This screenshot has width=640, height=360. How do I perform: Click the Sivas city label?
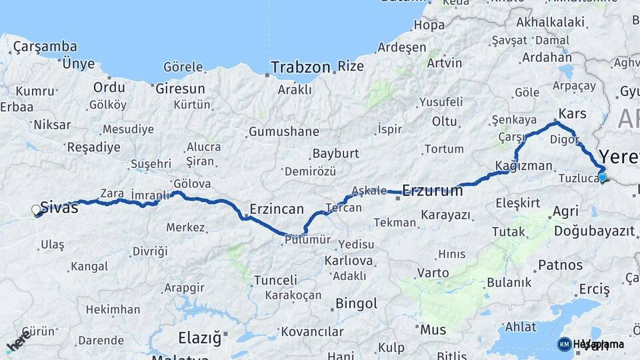(x=59, y=207)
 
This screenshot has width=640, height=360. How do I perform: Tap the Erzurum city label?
(x=433, y=190)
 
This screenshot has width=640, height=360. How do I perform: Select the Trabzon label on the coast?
(x=300, y=67)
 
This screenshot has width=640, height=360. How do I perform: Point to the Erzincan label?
(x=277, y=209)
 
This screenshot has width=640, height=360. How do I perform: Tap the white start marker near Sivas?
(x=37, y=210)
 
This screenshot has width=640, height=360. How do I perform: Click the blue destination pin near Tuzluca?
(x=603, y=177)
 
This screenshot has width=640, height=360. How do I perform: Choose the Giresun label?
(x=180, y=88)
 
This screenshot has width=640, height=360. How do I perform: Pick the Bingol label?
(x=357, y=304)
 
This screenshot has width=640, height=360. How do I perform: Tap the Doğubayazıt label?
(x=593, y=231)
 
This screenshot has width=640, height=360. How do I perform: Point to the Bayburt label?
(x=336, y=153)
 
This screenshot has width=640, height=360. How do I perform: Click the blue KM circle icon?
(x=564, y=344)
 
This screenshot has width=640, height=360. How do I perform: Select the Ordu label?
(x=109, y=87)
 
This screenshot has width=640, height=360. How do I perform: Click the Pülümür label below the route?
(x=307, y=241)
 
